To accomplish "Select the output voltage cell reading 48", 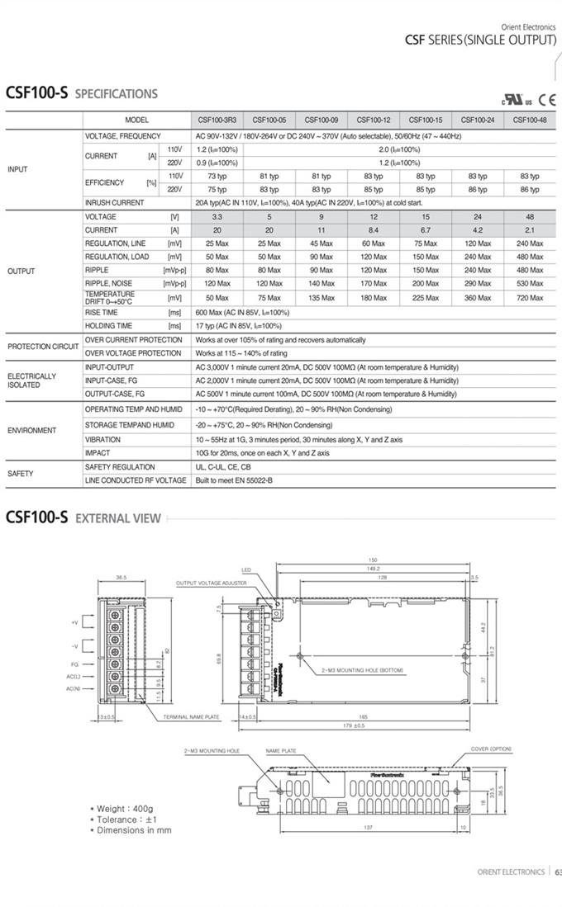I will click(530, 216).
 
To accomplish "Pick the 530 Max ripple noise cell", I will click(530, 283).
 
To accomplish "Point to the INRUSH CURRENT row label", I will click(115, 202).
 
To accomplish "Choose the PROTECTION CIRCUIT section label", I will click(42, 347).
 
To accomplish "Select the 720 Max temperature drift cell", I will click(530, 298).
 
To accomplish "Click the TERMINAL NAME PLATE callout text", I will click(191, 717).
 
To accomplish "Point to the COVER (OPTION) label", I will click(491, 749).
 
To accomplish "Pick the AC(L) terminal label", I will click(73, 676).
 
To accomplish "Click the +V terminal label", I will click(74, 621).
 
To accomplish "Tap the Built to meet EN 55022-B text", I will click(234, 480).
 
